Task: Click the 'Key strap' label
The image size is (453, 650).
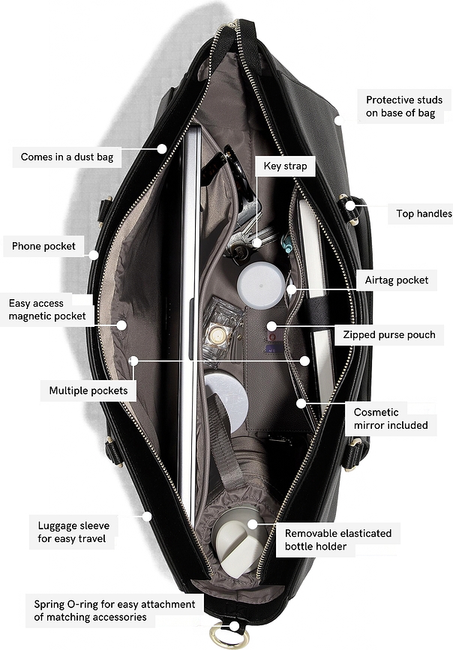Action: pyautogui.click(x=286, y=166)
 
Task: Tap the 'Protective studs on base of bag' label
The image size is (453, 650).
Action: pyautogui.click(x=404, y=106)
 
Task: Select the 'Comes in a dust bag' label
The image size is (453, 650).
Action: pyautogui.click(x=67, y=157)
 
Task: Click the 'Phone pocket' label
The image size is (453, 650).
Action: pyautogui.click(x=43, y=246)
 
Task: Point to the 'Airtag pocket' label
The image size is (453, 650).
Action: pyautogui.click(x=397, y=280)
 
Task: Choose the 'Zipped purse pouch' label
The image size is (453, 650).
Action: pyautogui.click(x=389, y=335)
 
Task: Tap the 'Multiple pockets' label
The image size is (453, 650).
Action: pyautogui.click(x=88, y=391)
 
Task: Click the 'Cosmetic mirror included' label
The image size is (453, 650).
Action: pyautogui.click(x=391, y=418)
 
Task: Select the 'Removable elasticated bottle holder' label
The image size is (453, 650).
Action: pyautogui.click(x=338, y=540)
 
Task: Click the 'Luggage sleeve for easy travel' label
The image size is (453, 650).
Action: pyautogui.click(x=73, y=532)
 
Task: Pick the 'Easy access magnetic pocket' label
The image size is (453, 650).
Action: pyautogui.click(x=47, y=310)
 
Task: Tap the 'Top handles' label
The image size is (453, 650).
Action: pyautogui.click(x=424, y=214)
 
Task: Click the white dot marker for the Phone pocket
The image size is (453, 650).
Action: pyautogui.click(x=94, y=255)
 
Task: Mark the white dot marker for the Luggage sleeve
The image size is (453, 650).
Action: pyautogui.click(x=147, y=517)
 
